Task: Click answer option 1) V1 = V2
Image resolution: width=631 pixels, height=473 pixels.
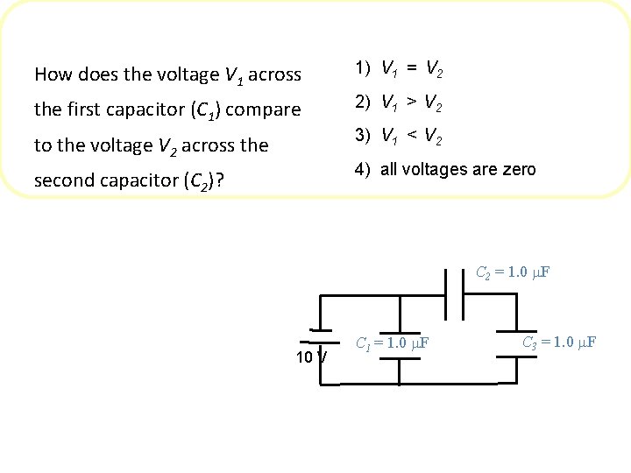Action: pos(398,67)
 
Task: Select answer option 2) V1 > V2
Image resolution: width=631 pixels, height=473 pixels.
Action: pos(398,104)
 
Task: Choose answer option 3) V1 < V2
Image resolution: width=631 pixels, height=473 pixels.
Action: pos(398,138)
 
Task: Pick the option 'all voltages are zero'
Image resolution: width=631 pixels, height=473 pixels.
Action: pos(445,170)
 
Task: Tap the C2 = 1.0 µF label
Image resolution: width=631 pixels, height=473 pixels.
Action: pos(513,272)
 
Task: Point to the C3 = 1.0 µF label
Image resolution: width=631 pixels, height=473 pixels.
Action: pos(559,342)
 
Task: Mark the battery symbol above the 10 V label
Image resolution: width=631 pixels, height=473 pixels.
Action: pos(317,336)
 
